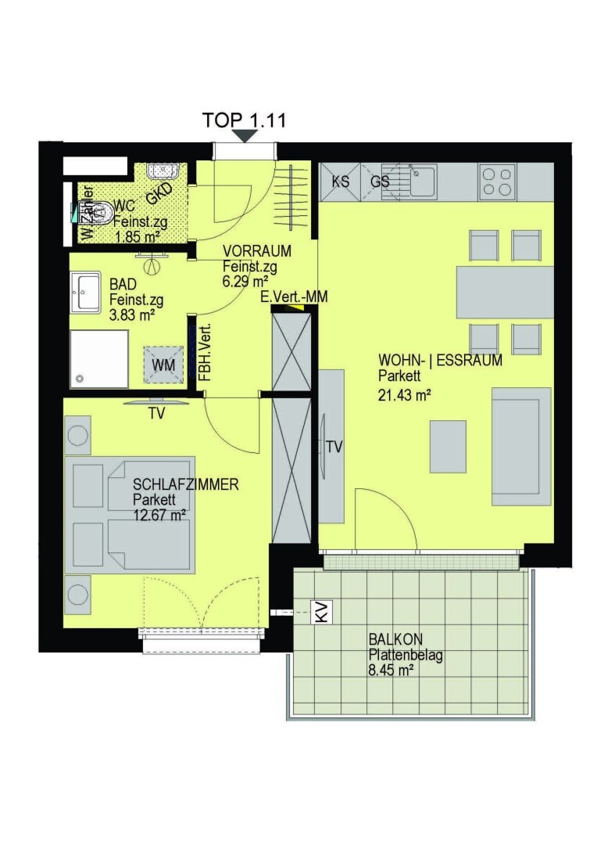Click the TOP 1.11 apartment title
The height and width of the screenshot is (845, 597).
pyautogui.click(x=244, y=120)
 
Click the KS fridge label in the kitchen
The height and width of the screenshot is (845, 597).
pyautogui.click(x=341, y=182)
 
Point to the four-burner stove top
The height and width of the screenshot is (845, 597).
pyautogui.click(x=497, y=182)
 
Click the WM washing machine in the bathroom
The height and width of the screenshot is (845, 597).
pyautogui.click(x=163, y=365)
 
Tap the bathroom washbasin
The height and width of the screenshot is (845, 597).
pyautogui.click(x=84, y=292)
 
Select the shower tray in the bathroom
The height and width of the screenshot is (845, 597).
pyautogui.click(x=98, y=358)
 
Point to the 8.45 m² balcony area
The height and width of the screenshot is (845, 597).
pyautogui.click(x=391, y=670)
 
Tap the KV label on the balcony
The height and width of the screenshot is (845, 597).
pyautogui.click(x=321, y=612)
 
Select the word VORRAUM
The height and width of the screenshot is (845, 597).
pyautogui.click(x=257, y=251)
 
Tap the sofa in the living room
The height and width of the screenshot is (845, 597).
pyautogui.click(x=520, y=447)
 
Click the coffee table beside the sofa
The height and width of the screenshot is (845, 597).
pyautogui.click(x=448, y=447)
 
